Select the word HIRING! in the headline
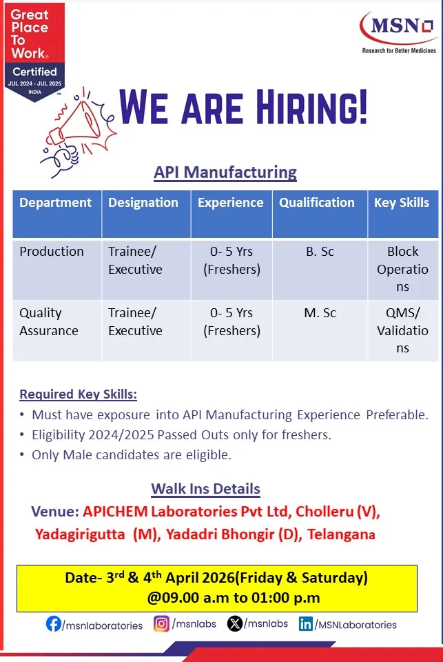312,108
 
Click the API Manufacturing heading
225,172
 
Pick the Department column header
55,203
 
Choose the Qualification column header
317,203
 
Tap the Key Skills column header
402,203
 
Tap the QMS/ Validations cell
402,330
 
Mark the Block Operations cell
402,269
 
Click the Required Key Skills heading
79,394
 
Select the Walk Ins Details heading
206,489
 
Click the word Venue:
55,512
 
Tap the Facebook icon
54,623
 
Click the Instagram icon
161,623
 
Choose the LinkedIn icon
305,623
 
